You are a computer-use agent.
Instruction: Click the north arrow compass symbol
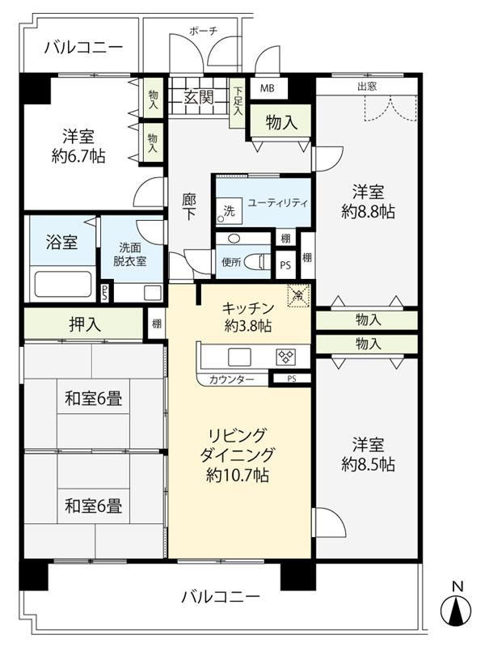click(458, 610)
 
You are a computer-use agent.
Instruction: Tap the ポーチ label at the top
click(203, 31)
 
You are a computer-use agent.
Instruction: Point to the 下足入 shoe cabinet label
click(238, 101)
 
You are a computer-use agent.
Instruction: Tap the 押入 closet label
click(84, 324)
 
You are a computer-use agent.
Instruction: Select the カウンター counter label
click(232, 379)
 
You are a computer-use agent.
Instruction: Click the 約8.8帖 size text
click(368, 212)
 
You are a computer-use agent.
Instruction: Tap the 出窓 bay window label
click(368, 85)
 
